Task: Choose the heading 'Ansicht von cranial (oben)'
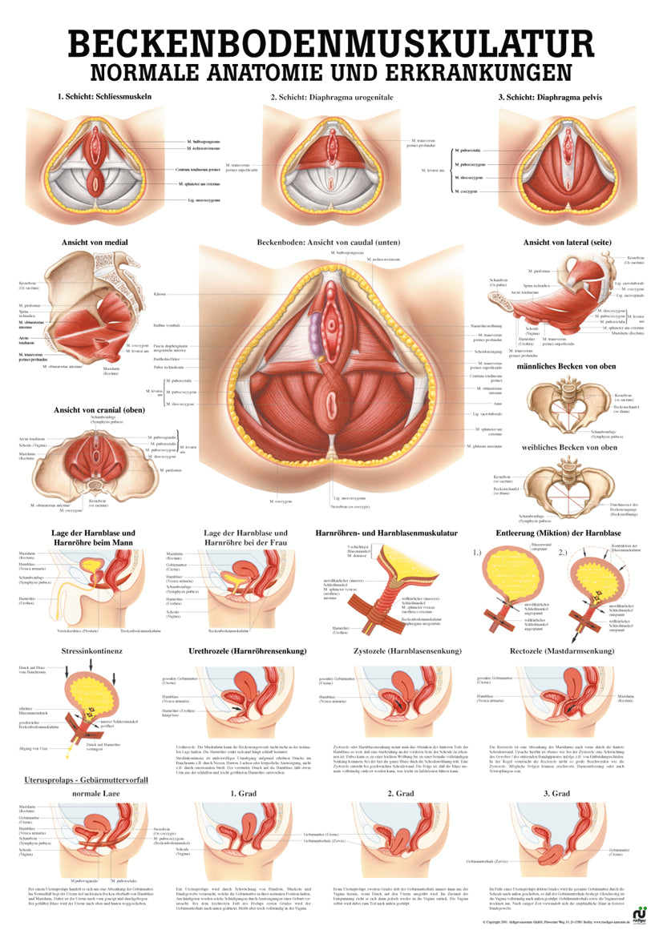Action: click(99, 410)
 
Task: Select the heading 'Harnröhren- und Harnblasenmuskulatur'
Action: click(387, 533)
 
